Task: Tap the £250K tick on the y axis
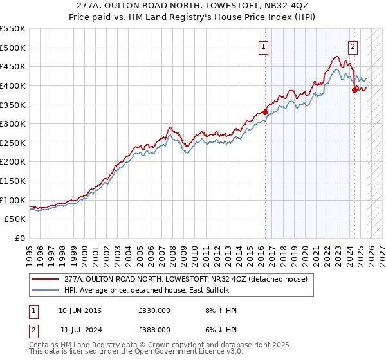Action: [13, 143]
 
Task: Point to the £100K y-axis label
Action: [13, 200]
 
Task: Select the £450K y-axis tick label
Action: [13, 66]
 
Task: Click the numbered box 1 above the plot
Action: [264, 46]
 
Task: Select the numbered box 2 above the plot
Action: [353, 46]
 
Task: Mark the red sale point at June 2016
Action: [265, 112]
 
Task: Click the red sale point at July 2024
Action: [354, 90]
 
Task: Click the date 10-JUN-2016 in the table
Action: [80, 310]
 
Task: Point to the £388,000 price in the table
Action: [154, 329]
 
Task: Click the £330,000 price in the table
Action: [154, 310]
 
